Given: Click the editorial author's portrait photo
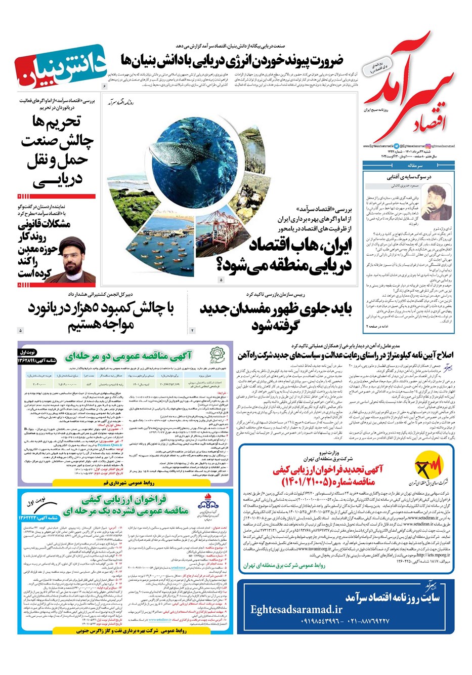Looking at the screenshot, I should [436, 203].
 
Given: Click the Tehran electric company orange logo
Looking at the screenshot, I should [428, 471].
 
